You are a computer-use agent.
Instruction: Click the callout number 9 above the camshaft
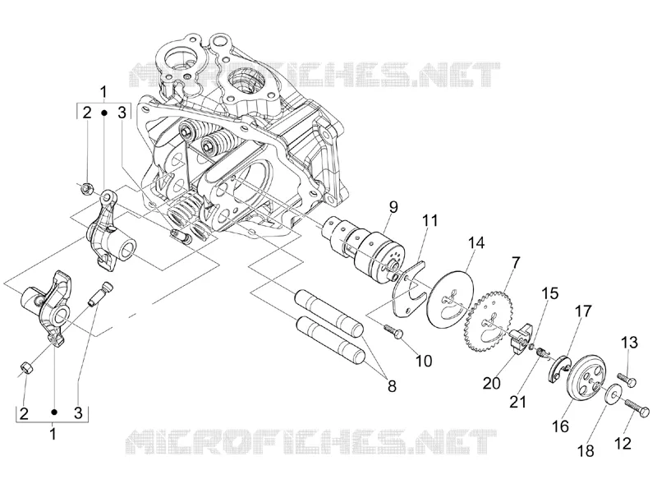(393, 208)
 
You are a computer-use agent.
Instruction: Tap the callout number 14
(476, 242)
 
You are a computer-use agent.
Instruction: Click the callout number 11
(430, 221)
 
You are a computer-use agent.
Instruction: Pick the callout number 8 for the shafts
(392, 386)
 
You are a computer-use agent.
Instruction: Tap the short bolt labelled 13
(627, 380)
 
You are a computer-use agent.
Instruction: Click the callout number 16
(560, 426)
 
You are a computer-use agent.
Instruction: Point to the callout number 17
(583, 311)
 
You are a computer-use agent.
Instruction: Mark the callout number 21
(518, 402)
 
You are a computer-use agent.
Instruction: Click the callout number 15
(550, 293)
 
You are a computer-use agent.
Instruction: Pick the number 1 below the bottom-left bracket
(53, 434)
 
